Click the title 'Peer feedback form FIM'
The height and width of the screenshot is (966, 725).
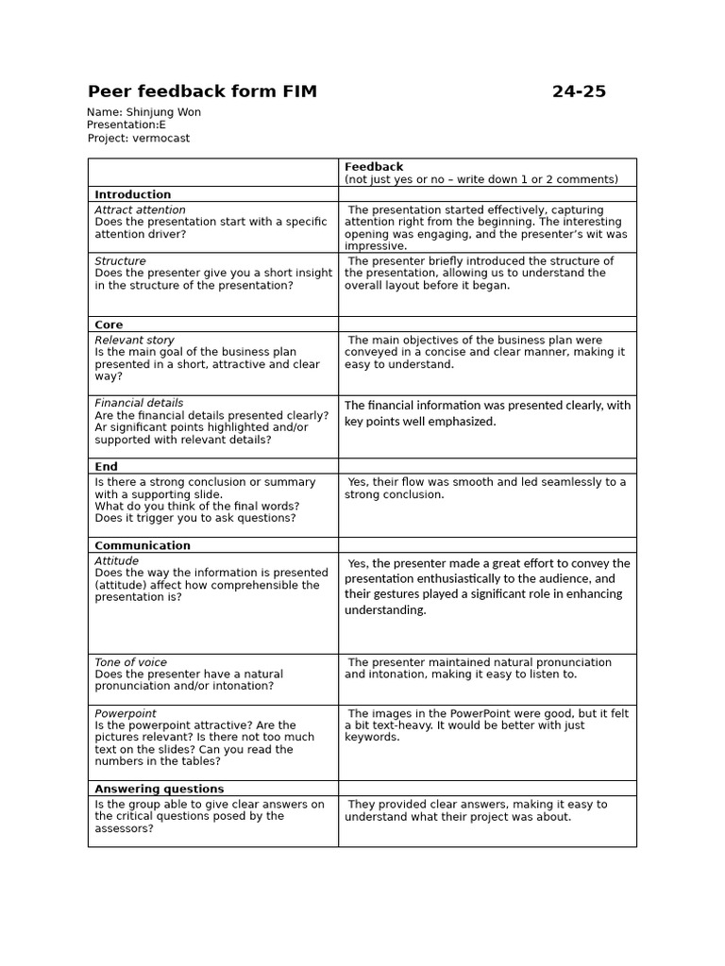[x=202, y=92]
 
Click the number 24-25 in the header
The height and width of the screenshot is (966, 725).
[x=579, y=92]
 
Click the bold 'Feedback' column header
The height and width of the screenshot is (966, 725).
[x=373, y=167]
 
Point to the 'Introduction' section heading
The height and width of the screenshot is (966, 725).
[x=133, y=194]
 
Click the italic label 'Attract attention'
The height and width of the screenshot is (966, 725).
[x=140, y=210]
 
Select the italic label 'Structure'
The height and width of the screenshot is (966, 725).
[x=120, y=261]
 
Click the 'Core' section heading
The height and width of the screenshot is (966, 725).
[x=110, y=325]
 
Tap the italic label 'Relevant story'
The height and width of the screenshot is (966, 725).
[x=134, y=341]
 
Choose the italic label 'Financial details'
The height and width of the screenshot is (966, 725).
[x=139, y=403]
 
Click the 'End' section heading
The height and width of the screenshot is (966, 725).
[x=106, y=466]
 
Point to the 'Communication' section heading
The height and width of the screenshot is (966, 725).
[x=143, y=545]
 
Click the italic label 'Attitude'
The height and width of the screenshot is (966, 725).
[x=116, y=561]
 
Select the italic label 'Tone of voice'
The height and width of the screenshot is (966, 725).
[x=130, y=662]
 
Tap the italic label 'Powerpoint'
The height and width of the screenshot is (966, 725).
[x=126, y=714]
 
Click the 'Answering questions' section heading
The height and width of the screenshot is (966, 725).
[x=160, y=789]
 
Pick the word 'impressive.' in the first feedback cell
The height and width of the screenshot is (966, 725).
[x=376, y=246]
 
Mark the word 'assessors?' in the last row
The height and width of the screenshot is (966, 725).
[x=124, y=829]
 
